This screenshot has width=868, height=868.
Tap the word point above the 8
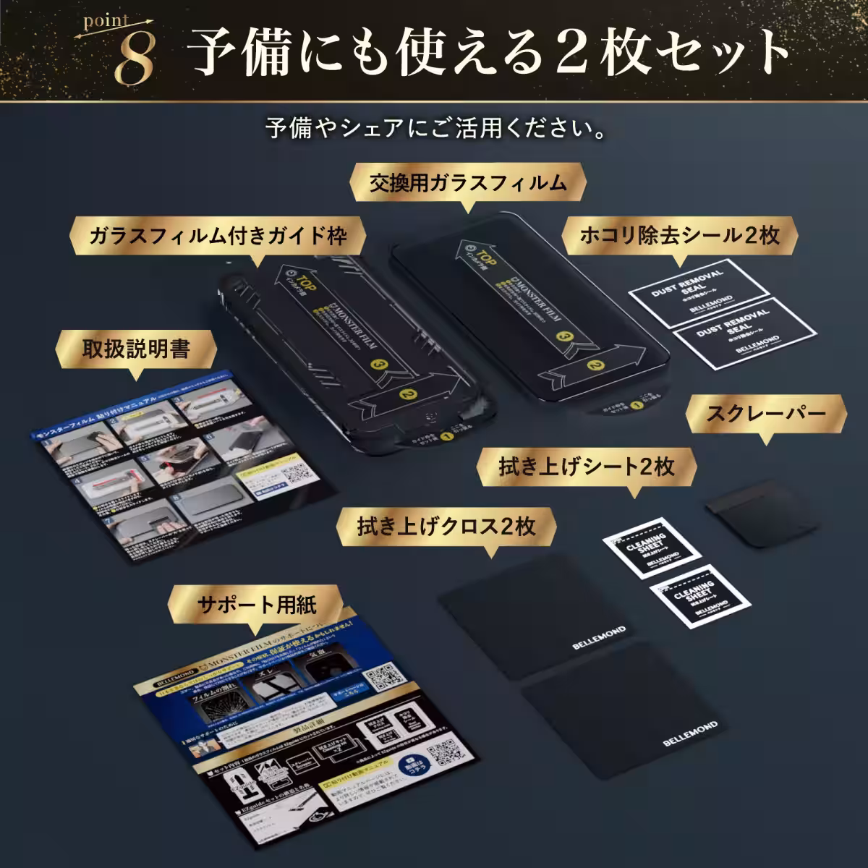coord(107,22)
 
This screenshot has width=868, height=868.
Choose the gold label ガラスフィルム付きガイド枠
coord(217,236)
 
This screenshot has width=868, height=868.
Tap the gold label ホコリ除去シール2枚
coord(679,235)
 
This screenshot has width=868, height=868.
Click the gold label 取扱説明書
coord(135,349)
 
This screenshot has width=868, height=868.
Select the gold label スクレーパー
coord(766,414)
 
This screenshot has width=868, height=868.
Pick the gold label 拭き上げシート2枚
coord(586,467)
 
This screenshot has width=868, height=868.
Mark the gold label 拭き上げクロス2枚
coord(446,526)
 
